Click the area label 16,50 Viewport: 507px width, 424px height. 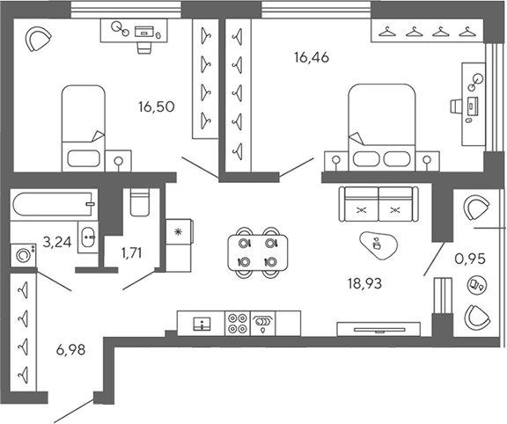pos(155,107)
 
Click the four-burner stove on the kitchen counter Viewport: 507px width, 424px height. pos(237,322)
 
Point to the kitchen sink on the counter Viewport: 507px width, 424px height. pos(202,323)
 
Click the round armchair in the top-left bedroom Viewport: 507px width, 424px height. pos(38,40)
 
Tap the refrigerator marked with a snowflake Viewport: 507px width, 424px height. pos(179,233)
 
